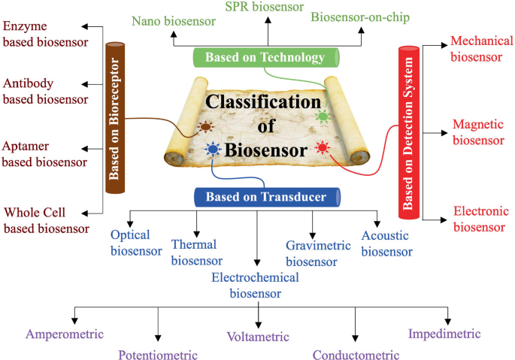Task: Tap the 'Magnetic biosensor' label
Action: coord(477,132)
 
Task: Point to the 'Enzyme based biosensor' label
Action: coord(41,35)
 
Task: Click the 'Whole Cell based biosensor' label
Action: coord(46,220)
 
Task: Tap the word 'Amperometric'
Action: coord(65,334)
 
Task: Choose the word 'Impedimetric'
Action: coord(444,334)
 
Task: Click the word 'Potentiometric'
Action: coord(158,355)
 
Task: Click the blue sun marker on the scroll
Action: coord(212,150)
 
